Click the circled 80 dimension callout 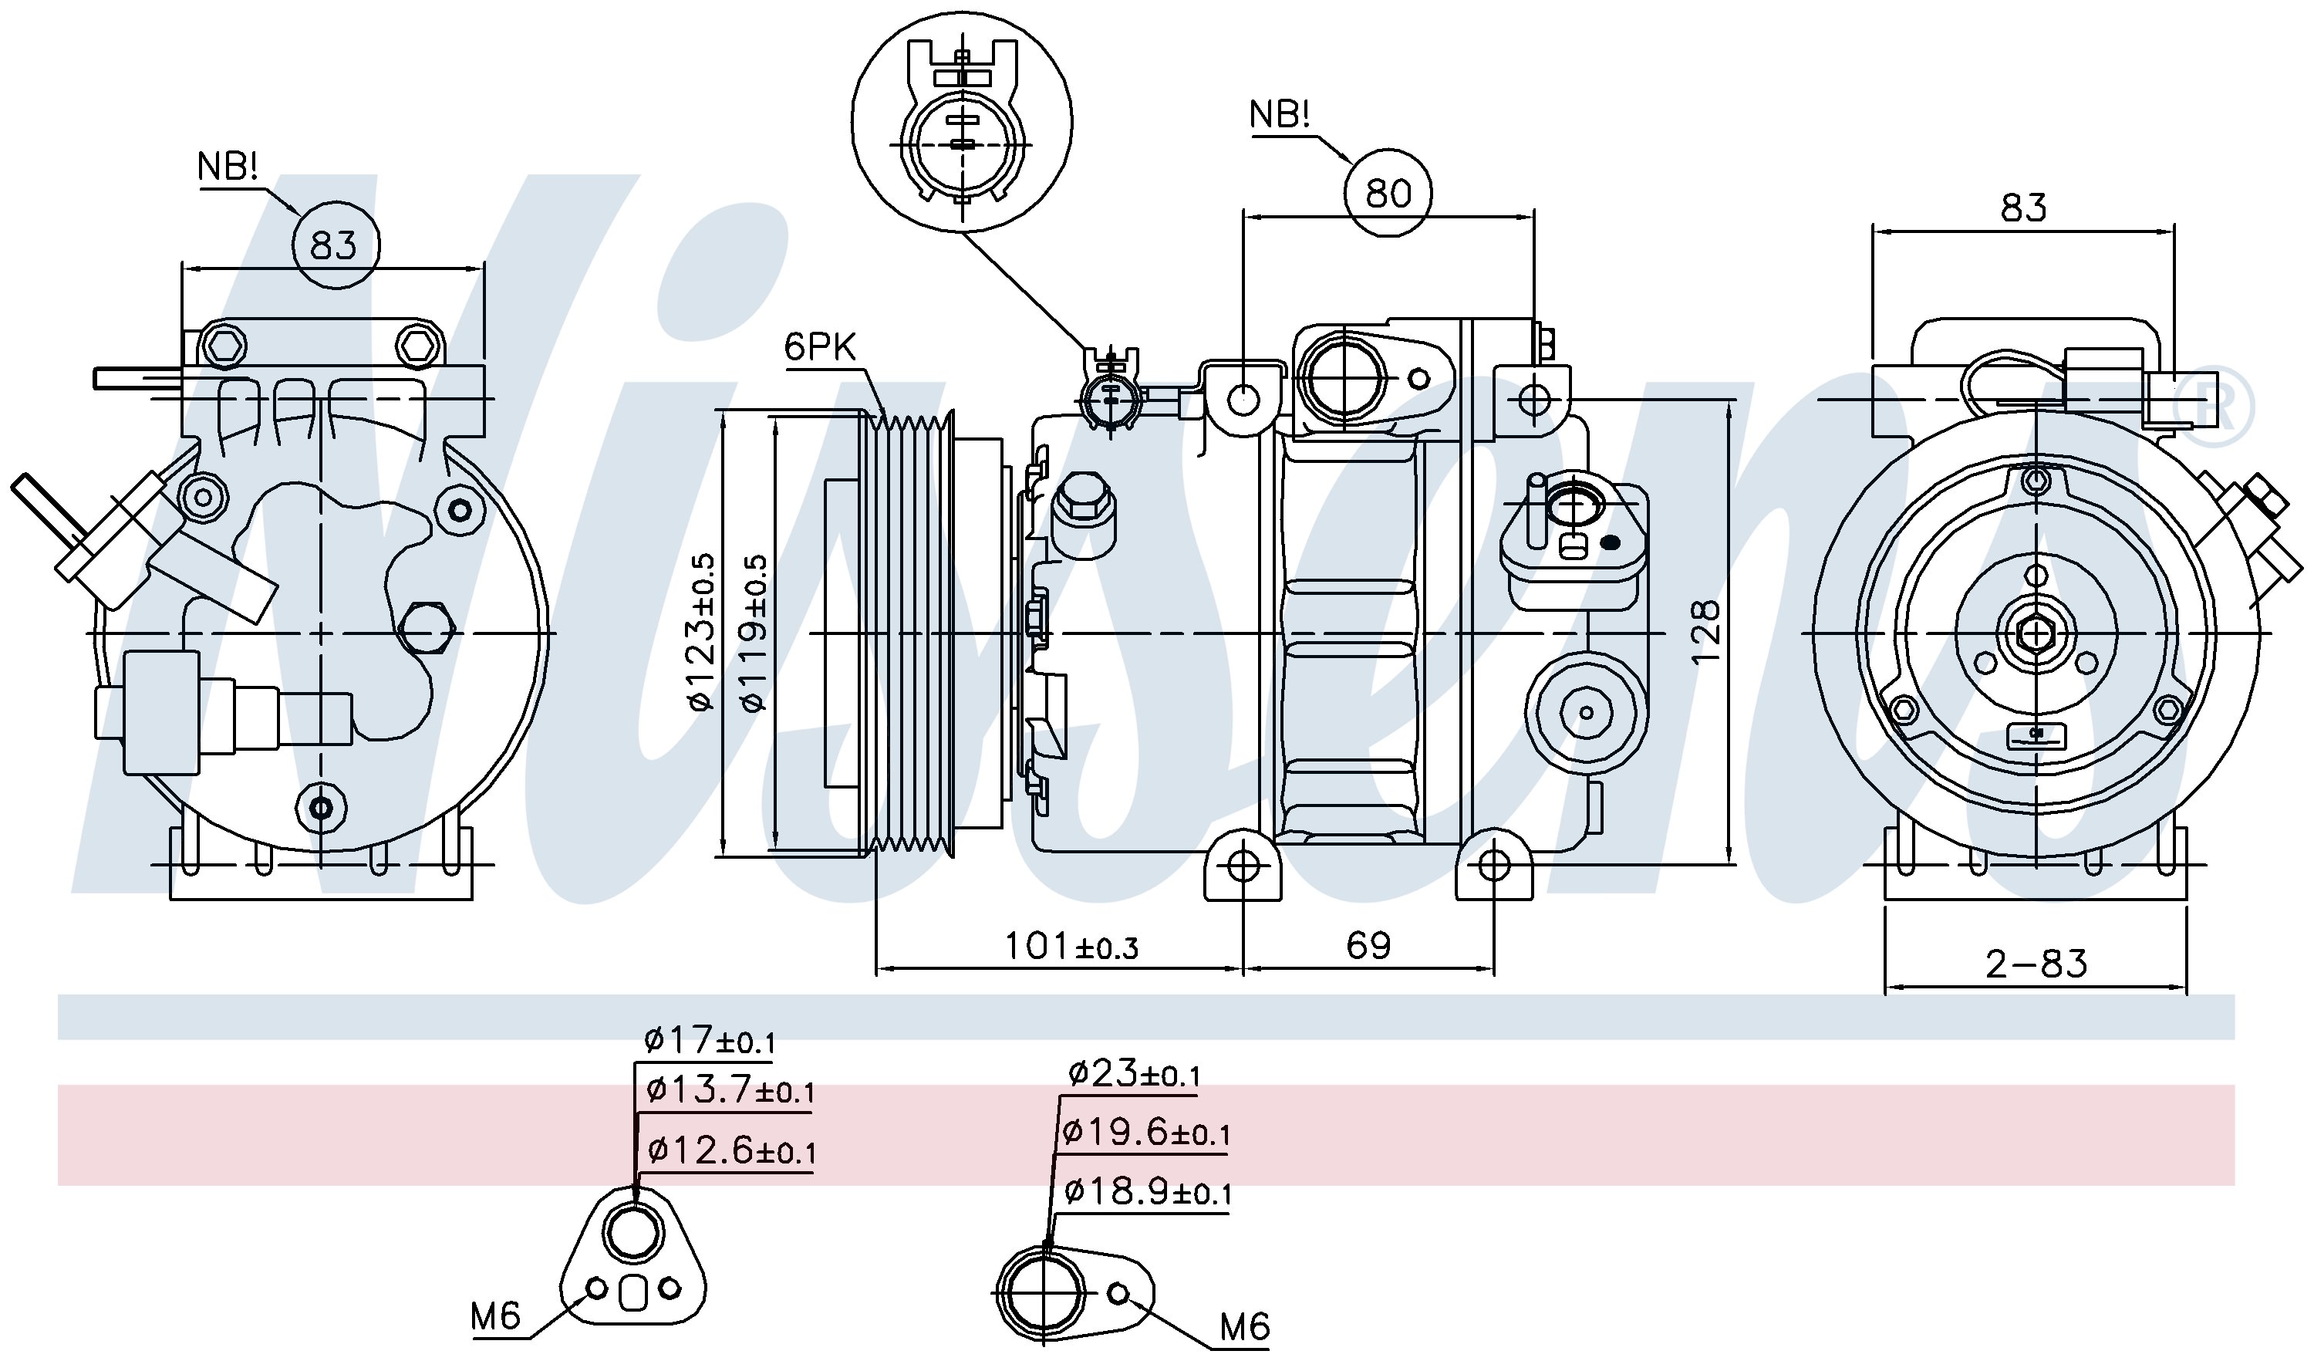[x=1388, y=193]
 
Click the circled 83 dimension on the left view [x=333, y=245]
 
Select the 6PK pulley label [x=819, y=347]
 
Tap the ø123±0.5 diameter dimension [x=703, y=632]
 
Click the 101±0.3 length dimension [x=1071, y=945]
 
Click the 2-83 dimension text [x=2036, y=964]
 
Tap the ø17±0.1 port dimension [x=709, y=1041]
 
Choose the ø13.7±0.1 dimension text [x=730, y=1090]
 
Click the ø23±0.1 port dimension [x=1133, y=1072]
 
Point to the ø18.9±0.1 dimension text [x=1147, y=1192]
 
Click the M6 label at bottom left [x=495, y=1316]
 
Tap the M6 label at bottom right [x=1244, y=1326]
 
